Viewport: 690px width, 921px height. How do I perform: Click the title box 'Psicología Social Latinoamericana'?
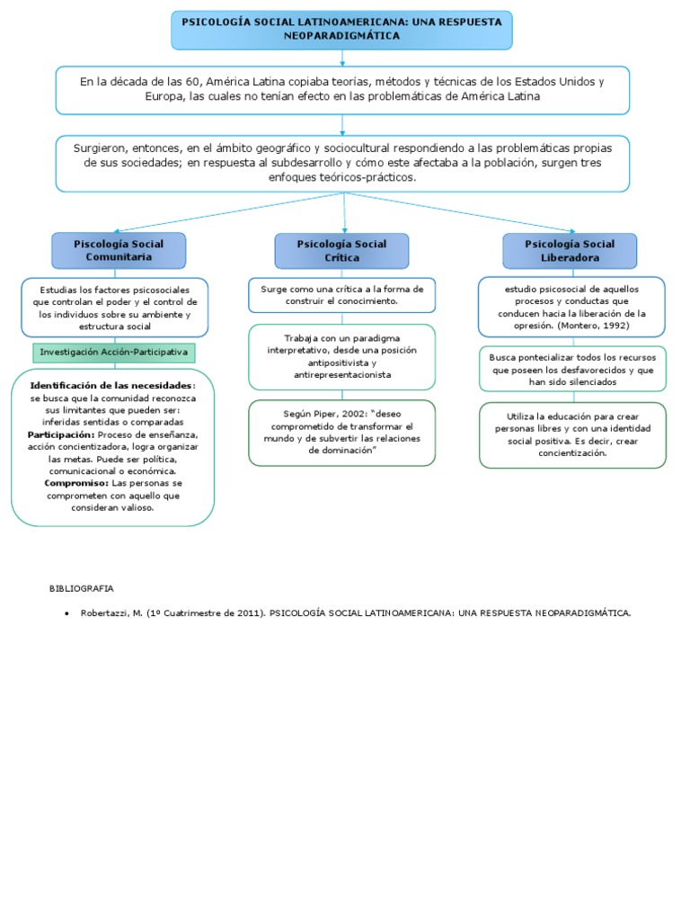tap(341, 29)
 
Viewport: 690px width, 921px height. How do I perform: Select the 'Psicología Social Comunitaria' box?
tap(119, 250)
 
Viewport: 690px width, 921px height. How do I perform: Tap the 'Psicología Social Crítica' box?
tap(341, 250)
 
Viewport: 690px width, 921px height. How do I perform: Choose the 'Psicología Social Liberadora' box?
tap(570, 250)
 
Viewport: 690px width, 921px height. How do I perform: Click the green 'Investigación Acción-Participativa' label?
tap(113, 353)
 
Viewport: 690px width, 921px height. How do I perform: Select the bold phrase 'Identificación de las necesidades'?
tap(111, 385)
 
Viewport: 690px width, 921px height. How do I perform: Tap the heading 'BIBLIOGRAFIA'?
tap(81, 588)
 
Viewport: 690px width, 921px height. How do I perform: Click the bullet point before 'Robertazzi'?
tap(67, 613)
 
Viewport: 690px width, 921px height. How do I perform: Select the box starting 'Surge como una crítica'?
tap(341, 295)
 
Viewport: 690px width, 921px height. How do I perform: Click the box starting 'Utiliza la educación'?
tap(573, 435)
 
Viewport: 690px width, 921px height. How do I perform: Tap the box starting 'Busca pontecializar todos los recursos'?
tap(573, 369)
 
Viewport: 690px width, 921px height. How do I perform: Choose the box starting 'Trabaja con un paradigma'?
tap(341, 356)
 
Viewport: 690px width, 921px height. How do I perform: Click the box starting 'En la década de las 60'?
tap(341, 89)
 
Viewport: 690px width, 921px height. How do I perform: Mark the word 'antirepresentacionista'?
tap(342, 374)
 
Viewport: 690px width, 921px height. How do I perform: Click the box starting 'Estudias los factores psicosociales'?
tap(115, 307)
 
